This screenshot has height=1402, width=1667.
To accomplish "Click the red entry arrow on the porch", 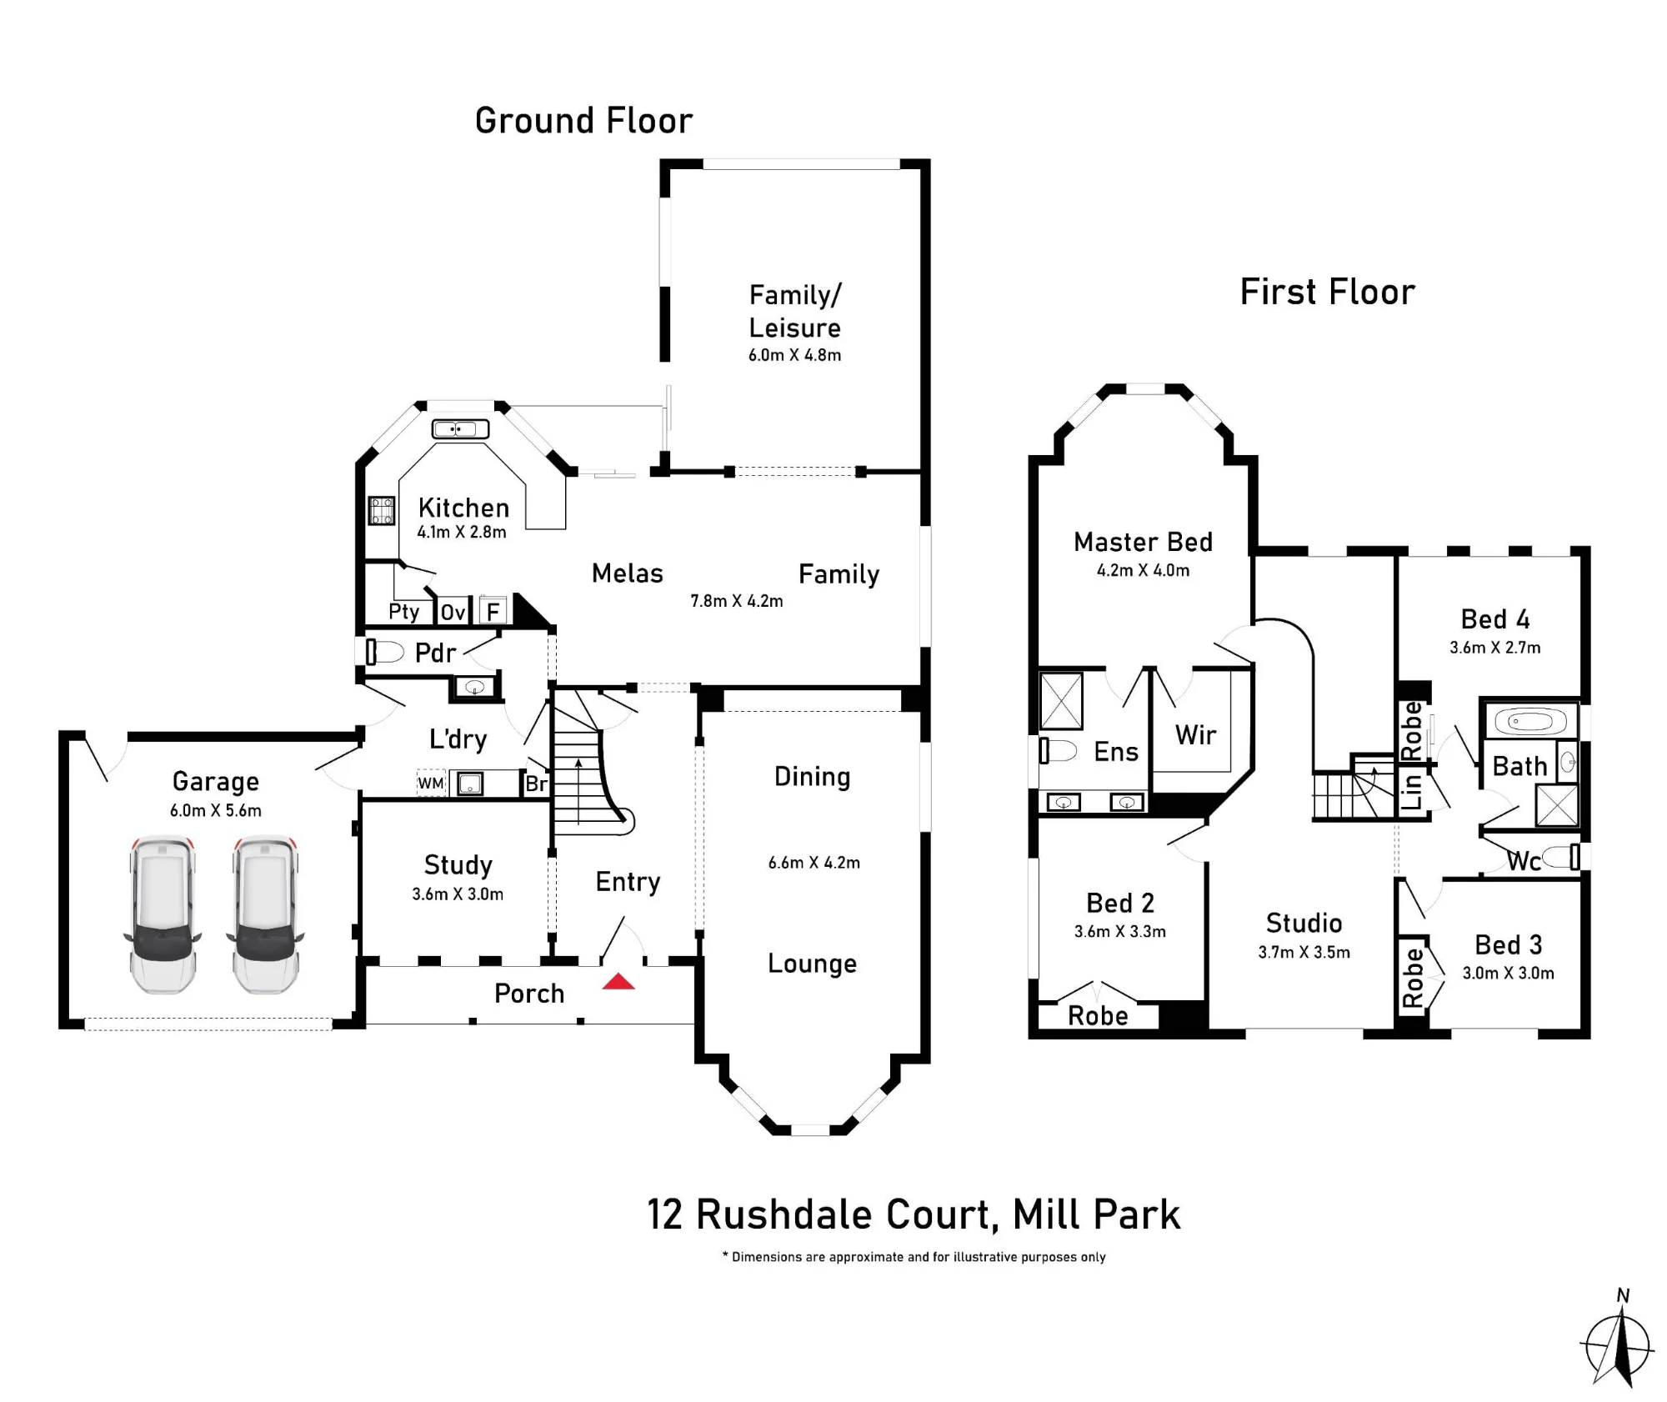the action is pyautogui.click(x=618, y=981).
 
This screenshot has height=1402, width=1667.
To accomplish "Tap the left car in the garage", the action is pyautogui.click(x=163, y=915).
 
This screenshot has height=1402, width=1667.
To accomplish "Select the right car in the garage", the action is pyautogui.click(x=265, y=915).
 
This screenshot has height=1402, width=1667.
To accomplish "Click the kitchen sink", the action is pyautogui.click(x=460, y=429).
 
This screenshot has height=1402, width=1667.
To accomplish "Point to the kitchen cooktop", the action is pyautogui.click(x=382, y=510).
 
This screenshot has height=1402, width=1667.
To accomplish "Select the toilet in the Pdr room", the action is pyautogui.click(x=384, y=652).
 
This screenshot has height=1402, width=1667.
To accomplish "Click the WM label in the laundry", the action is pyautogui.click(x=431, y=784).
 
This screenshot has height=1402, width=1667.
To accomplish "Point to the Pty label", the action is pyautogui.click(x=404, y=612).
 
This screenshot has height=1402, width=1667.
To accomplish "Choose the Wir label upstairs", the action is pyautogui.click(x=1195, y=734).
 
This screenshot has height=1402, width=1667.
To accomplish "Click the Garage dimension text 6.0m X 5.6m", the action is pyautogui.click(x=216, y=810).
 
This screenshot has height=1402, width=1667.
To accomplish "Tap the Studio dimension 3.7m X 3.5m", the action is pyautogui.click(x=1304, y=952).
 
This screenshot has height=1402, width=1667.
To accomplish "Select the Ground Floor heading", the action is pyautogui.click(x=583, y=121).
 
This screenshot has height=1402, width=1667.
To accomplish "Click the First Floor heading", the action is pyautogui.click(x=1328, y=292).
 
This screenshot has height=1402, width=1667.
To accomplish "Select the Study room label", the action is pyautogui.click(x=458, y=866).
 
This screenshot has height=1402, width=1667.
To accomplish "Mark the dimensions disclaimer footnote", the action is pyautogui.click(x=914, y=1257).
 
